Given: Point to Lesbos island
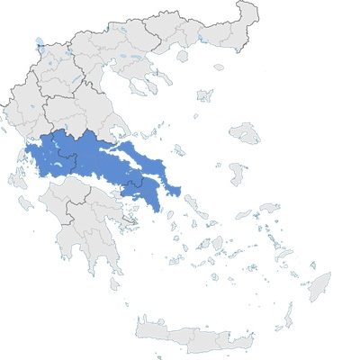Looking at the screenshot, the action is click(x=245, y=134).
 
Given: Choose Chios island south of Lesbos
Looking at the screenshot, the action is click(x=238, y=173).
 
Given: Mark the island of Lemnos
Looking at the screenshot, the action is click(x=204, y=94).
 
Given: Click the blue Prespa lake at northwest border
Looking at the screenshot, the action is click(x=40, y=41).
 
